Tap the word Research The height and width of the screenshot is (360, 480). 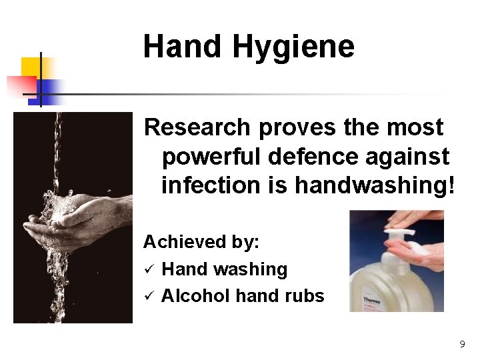point(197,127)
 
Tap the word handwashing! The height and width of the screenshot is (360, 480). point(375,185)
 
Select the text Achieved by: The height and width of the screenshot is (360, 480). point(201,241)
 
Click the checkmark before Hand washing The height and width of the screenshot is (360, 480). point(149,269)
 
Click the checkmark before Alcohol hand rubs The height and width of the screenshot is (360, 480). point(149,296)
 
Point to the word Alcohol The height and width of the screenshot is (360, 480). point(196,296)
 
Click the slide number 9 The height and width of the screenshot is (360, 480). point(462,344)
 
